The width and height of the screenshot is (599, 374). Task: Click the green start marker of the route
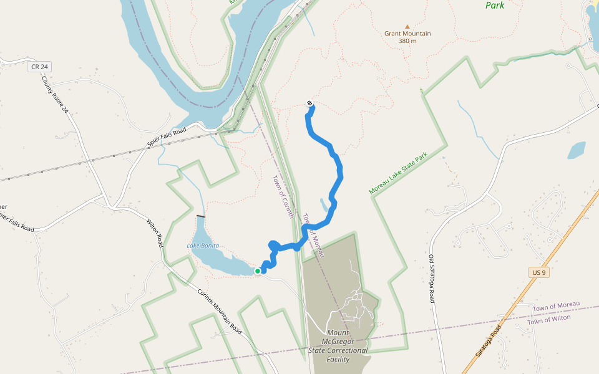pos(257,271)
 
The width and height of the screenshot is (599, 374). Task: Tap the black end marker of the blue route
pos(310,103)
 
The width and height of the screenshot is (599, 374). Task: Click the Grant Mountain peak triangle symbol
pos(407,27)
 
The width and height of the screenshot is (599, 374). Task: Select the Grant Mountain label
pos(407,34)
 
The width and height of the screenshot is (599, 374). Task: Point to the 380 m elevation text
pos(407,41)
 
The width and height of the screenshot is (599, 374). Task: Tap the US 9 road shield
pos(539,273)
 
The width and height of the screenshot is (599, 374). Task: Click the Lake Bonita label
pos(203,246)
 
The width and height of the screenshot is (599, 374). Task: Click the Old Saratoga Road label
pos(432,279)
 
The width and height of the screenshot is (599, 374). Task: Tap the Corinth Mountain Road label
pos(219,312)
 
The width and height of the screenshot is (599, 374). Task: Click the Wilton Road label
pos(155,233)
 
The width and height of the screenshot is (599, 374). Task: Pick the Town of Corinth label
pos(283,196)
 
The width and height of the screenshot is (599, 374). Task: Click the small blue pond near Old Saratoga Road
pos(577,150)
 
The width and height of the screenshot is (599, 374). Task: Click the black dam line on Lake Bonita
pos(200,216)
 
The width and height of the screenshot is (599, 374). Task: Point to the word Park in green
pos(495,5)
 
